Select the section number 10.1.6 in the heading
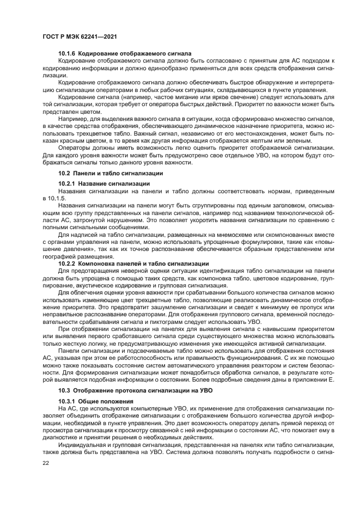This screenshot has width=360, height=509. [x=67, y=54]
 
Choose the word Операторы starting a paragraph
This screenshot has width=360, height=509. [x=74, y=147]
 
